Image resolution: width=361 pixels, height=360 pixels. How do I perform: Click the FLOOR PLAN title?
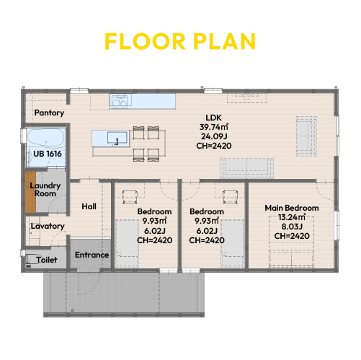pyautogui.click(x=180, y=41)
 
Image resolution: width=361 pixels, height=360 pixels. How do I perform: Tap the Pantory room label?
pyautogui.click(x=49, y=113)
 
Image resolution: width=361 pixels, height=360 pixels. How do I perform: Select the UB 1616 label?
pyautogui.click(x=48, y=154)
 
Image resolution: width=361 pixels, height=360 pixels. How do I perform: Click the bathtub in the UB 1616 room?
pyautogui.click(x=46, y=139)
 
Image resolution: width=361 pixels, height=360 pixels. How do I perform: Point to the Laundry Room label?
pyautogui.click(x=45, y=190)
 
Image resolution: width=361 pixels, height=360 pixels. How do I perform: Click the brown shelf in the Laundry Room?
pyautogui.click(x=30, y=192)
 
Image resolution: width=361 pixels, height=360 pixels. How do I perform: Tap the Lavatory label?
pyautogui.click(x=48, y=226)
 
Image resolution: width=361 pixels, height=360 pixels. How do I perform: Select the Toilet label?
pyautogui.click(x=47, y=260)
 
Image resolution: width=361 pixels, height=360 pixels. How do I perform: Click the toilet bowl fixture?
pyautogui.click(x=32, y=259)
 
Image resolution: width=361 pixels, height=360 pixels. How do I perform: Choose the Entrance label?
pyautogui.click(x=92, y=255)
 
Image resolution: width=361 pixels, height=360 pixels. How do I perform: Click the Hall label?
pyautogui.click(x=89, y=206)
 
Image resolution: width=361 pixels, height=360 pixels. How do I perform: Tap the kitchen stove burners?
pyautogui.click(x=121, y=101)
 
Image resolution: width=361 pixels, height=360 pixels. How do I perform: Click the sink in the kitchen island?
pyautogui.click(x=117, y=138)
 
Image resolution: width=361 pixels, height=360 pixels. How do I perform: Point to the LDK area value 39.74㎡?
pyautogui.click(x=214, y=127)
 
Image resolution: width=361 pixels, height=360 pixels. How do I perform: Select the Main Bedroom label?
pyautogui.click(x=292, y=208)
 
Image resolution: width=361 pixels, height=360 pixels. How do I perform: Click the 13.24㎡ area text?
pyautogui.click(x=292, y=217)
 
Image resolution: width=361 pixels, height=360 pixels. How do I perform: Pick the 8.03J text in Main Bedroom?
pyautogui.click(x=292, y=227)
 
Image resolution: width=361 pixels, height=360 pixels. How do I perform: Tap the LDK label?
pyautogui.click(x=214, y=118)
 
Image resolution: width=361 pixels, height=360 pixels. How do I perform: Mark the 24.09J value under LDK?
pyautogui.click(x=214, y=136)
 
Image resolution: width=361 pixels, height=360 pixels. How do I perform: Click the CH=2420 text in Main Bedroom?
pyautogui.click(x=292, y=236)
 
